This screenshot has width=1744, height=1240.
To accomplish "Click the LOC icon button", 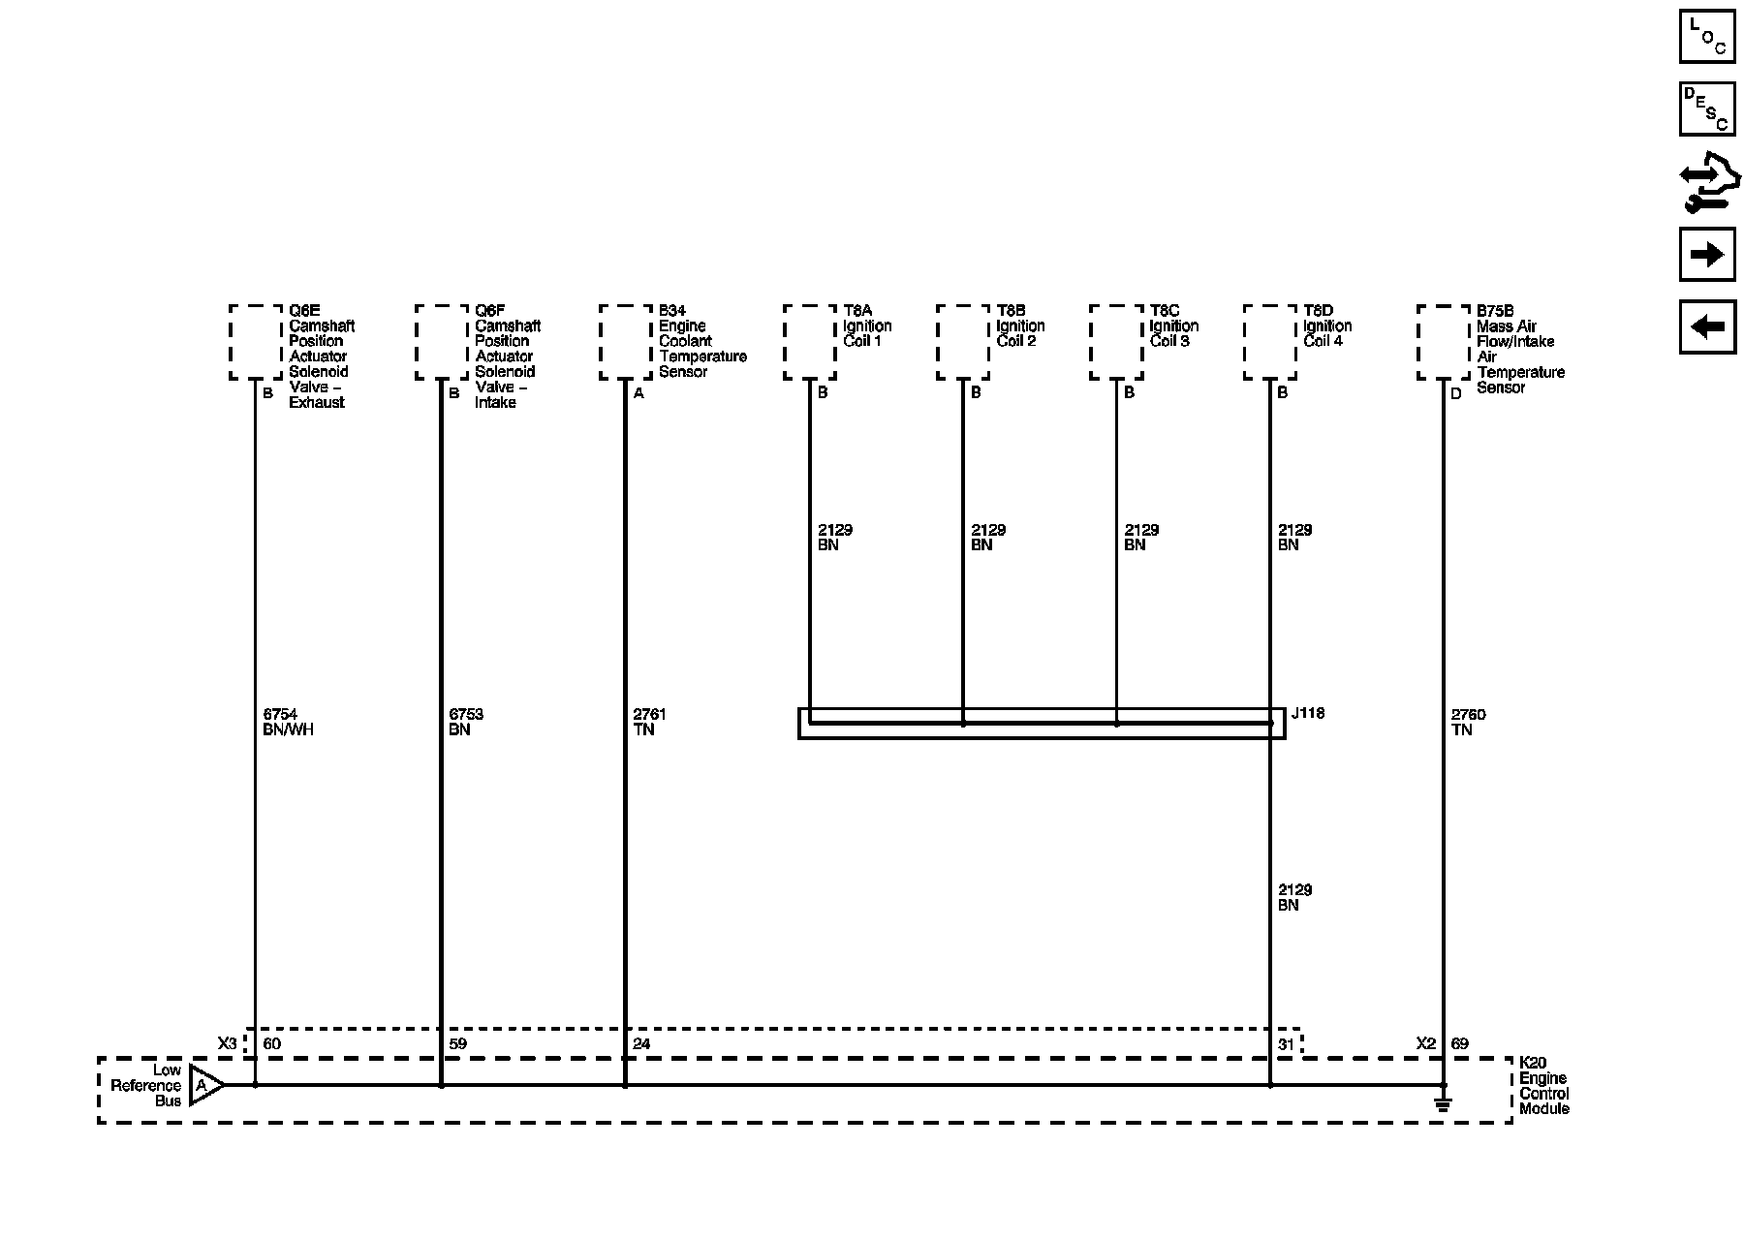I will tap(1706, 37).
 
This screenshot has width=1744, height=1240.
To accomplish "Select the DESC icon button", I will tap(1706, 108).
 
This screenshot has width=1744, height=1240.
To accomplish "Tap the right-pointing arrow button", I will tap(1706, 255).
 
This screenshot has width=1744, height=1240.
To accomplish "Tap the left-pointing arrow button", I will tap(1706, 327).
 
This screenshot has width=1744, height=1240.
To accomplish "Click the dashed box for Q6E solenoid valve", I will tap(256, 342).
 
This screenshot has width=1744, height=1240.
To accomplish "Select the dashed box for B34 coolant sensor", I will tap(625, 342).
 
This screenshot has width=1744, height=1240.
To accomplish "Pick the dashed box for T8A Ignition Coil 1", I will tap(809, 342).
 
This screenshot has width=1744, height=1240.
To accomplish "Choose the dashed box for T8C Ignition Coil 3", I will tap(1116, 342).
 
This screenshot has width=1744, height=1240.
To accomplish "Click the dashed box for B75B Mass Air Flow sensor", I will tap(1443, 343).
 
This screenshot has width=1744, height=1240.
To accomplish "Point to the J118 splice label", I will tap(1307, 714).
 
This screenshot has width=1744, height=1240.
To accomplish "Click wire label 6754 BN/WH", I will tap(288, 723).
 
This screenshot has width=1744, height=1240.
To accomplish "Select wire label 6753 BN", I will tap(466, 723).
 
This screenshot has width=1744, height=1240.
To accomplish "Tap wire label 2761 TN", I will tap(649, 723).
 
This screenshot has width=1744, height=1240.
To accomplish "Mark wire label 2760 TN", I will tap(1468, 723).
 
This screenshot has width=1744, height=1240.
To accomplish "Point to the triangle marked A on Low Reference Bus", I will tap(204, 1085).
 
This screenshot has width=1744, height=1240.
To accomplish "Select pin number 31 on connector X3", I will tap(1286, 1044).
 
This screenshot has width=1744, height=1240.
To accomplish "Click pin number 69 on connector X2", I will tap(1459, 1044).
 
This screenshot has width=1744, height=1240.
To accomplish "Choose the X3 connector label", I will tap(227, 1044).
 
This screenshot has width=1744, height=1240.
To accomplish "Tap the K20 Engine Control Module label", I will tap(1543, 1086).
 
